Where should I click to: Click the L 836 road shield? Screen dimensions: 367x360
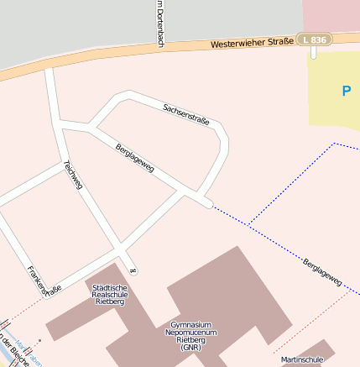[x=316, y=39]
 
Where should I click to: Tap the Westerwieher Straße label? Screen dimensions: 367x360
[x=251, y=42]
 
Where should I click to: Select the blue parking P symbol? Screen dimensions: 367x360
[x=346, y=91]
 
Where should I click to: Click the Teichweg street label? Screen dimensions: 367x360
[x=73, y=174]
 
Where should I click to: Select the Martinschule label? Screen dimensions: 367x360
[x=302, y=359]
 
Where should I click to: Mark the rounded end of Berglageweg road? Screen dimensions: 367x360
[x=206, y=202]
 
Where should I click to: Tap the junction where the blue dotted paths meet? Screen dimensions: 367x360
[x=249, y=225]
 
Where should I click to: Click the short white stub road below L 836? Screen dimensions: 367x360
[x=314, y=53]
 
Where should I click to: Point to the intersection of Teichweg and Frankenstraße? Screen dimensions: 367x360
[x=123, y=249]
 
